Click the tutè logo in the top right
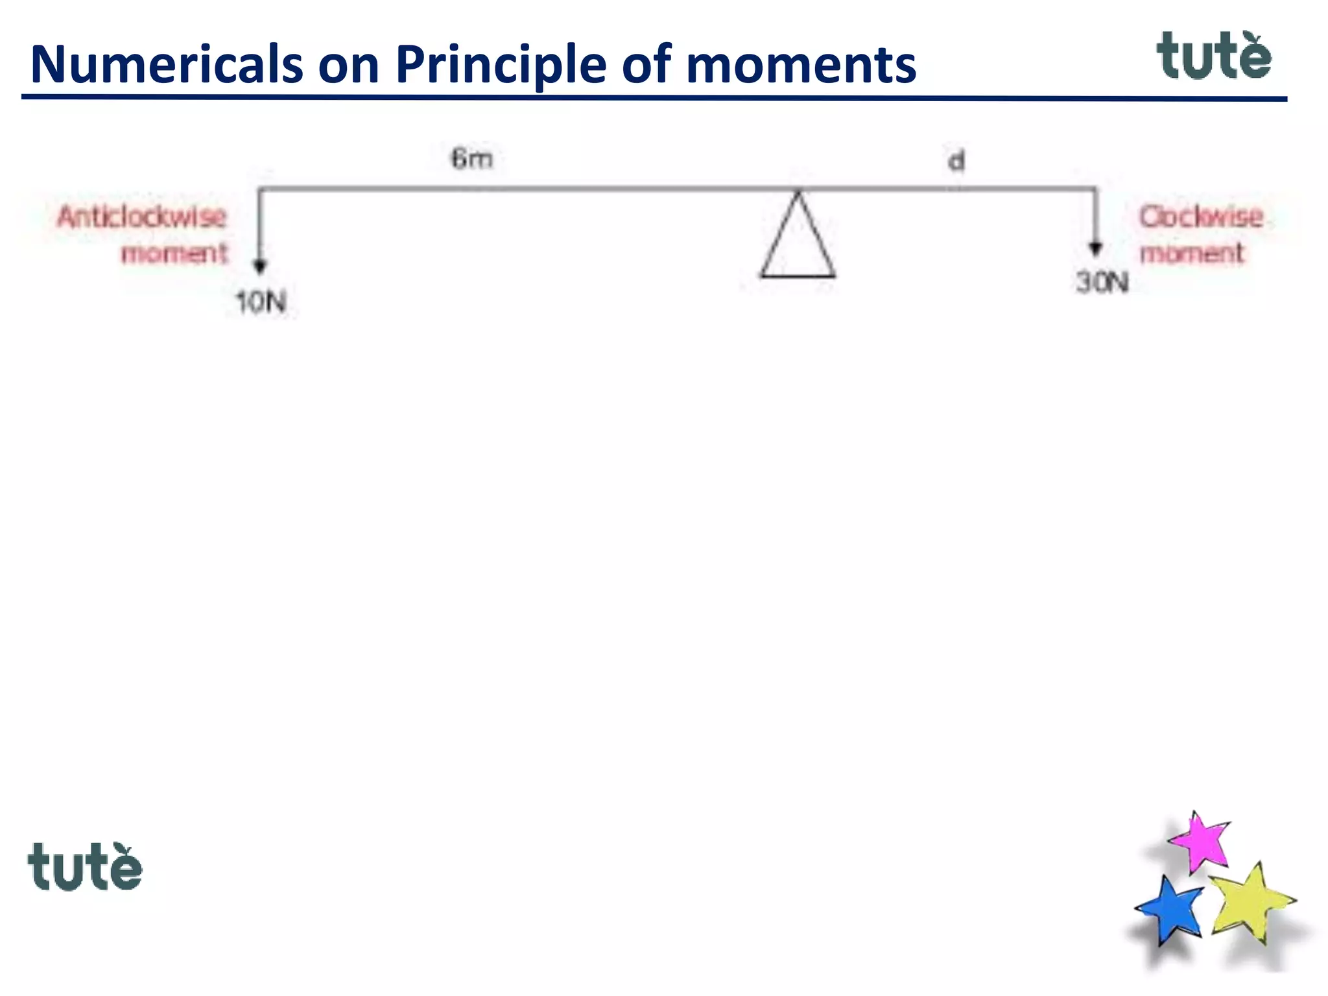coord(1214,56)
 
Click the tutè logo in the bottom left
coord(85,867)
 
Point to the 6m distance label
coord(472,159)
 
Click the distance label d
coord(956,161)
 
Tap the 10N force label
coord(261,302)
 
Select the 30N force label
coord(1102,283)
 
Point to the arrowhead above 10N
coord(260,266)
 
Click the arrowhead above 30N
coord(1095,248)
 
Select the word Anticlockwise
coord(142,217)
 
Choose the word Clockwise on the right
coord(1201,217)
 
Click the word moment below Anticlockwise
coord(174,253)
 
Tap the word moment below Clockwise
coord(1192,253)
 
